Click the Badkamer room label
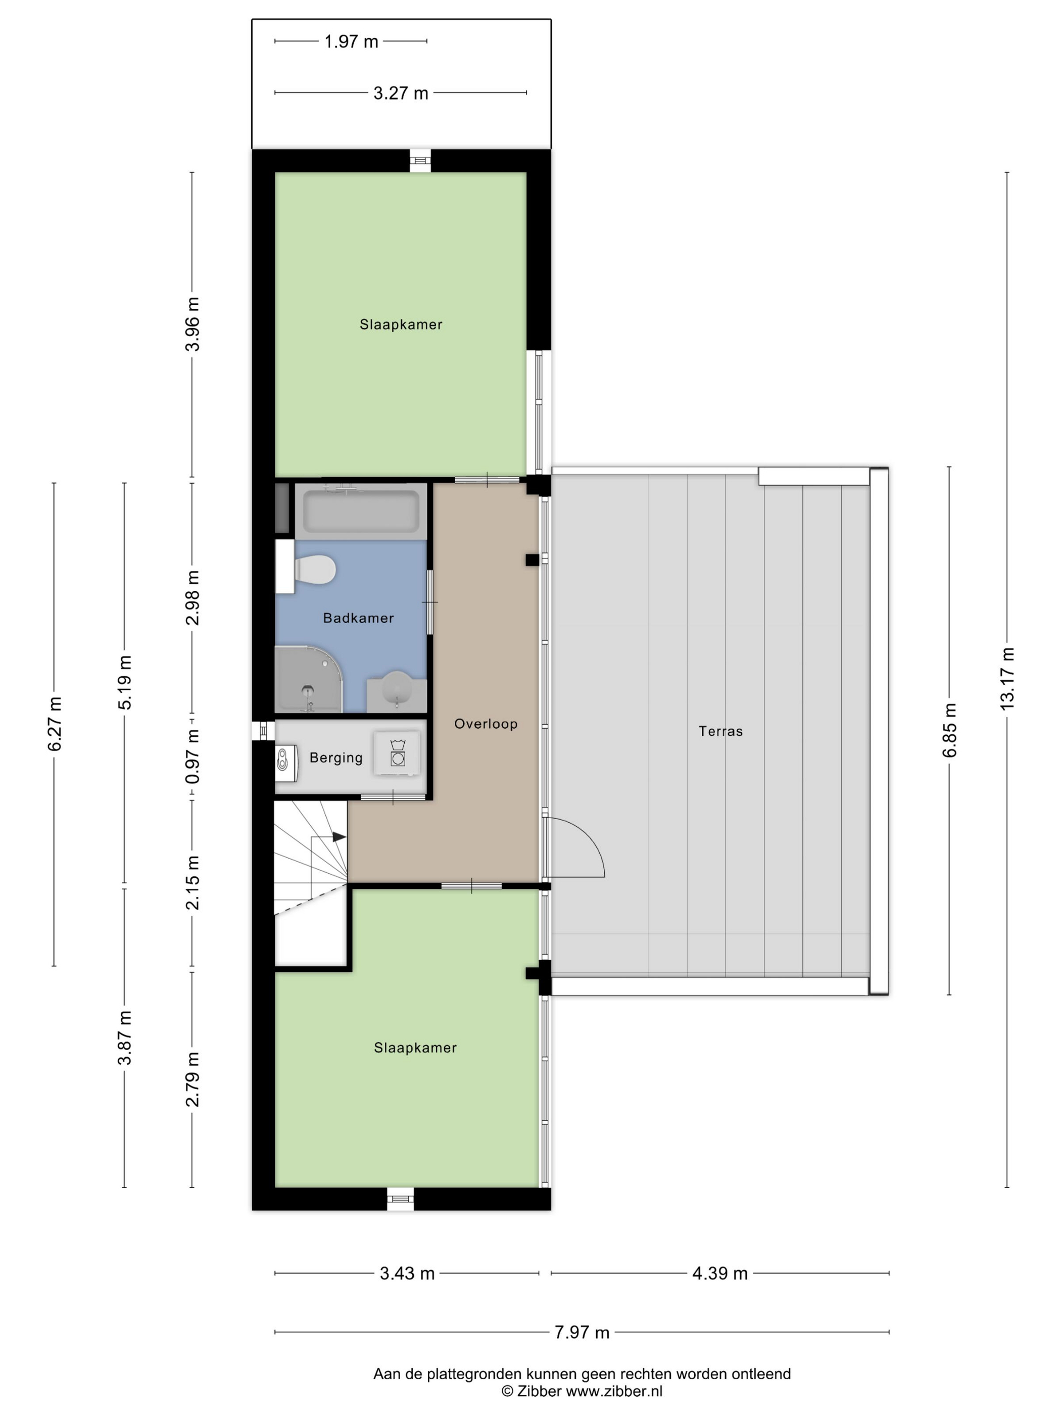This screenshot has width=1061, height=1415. coord(358,618)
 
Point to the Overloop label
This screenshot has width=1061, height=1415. coord(486,724)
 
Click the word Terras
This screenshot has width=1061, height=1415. coord(720,731)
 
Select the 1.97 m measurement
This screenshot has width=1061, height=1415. coord(351,41)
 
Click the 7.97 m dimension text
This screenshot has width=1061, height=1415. coord(582,1333)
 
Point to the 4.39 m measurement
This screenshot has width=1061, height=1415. coord(719,1273)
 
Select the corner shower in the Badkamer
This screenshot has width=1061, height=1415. coord(309,679)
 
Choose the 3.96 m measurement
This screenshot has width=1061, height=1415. coord(192,324)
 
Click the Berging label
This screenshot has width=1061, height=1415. coord(336,758)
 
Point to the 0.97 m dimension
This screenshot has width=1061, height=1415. coord(192,756)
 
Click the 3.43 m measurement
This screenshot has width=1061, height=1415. coord(407,1273)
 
